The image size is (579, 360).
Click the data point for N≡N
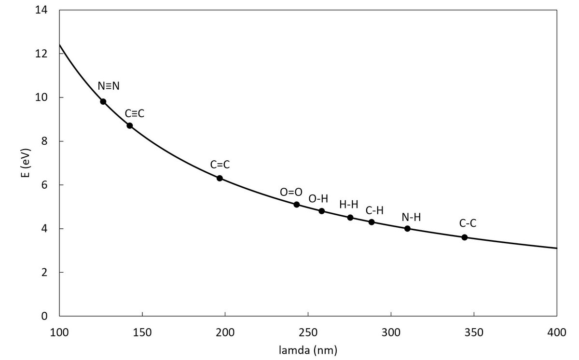point(103,101)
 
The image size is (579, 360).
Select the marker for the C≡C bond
point(130,125)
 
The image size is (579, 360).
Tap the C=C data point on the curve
point(220,179)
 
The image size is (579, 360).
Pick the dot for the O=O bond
point(297,205)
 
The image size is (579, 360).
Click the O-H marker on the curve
point(322,211)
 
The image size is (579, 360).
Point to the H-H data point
point(350,218)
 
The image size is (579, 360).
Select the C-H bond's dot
point(372,222)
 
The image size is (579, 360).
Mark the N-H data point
point(407,229)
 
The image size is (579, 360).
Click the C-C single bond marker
point(465,237)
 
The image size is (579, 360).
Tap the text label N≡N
point(109,86)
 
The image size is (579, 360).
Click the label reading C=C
point(220,165)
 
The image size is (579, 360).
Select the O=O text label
point(291,192)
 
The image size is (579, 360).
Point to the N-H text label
point(411,217)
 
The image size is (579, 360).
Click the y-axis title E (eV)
point(26,163)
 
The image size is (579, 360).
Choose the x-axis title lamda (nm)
point(308,350)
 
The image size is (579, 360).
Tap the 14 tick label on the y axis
point(41,10)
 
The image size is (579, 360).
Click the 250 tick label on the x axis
point(308,332)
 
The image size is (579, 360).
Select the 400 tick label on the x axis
point(557,332)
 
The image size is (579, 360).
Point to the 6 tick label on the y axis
point(44,185)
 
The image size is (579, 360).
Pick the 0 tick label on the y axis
point(44,316)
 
